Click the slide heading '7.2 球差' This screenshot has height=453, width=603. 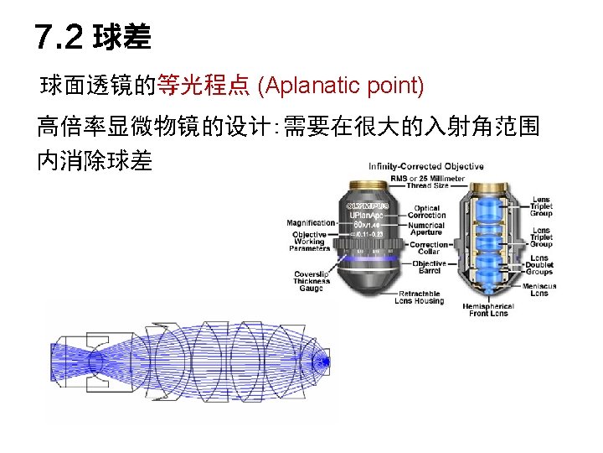pyautogui.click(x=93, y=38)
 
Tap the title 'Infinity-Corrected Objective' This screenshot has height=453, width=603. pyautogui.click(x=426, y=166)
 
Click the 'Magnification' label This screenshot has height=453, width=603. pyautogui.click(x=311, y=223)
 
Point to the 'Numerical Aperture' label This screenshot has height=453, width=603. pyautogui.click(x=427, y=230)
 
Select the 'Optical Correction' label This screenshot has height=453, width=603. pyautogui.click(x=427, y=211)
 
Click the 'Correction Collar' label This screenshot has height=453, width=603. pyautogui.click(x=429, y=248)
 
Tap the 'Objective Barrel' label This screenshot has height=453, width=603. pyautogui.click(x=429, y=268)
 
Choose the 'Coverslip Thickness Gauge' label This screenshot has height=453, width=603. pyautogui.click(x=312, y=282)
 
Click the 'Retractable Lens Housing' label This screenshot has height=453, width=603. pyautogui.click(x=418, y=297)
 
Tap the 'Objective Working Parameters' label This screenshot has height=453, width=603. pyautogui.click(x=310, y=241)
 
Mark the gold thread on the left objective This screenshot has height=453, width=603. pyautogui.click(x=369, y=186)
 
